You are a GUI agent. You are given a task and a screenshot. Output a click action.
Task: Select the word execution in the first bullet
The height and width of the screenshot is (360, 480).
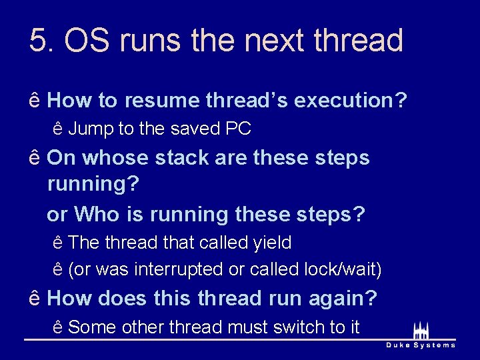350,101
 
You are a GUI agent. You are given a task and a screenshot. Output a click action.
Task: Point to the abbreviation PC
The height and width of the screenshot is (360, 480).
238,129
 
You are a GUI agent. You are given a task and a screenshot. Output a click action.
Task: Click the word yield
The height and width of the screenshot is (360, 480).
272,243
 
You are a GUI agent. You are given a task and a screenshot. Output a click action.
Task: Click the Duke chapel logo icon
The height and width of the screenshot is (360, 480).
421,330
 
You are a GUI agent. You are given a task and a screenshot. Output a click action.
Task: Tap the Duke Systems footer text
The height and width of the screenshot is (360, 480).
421,345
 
